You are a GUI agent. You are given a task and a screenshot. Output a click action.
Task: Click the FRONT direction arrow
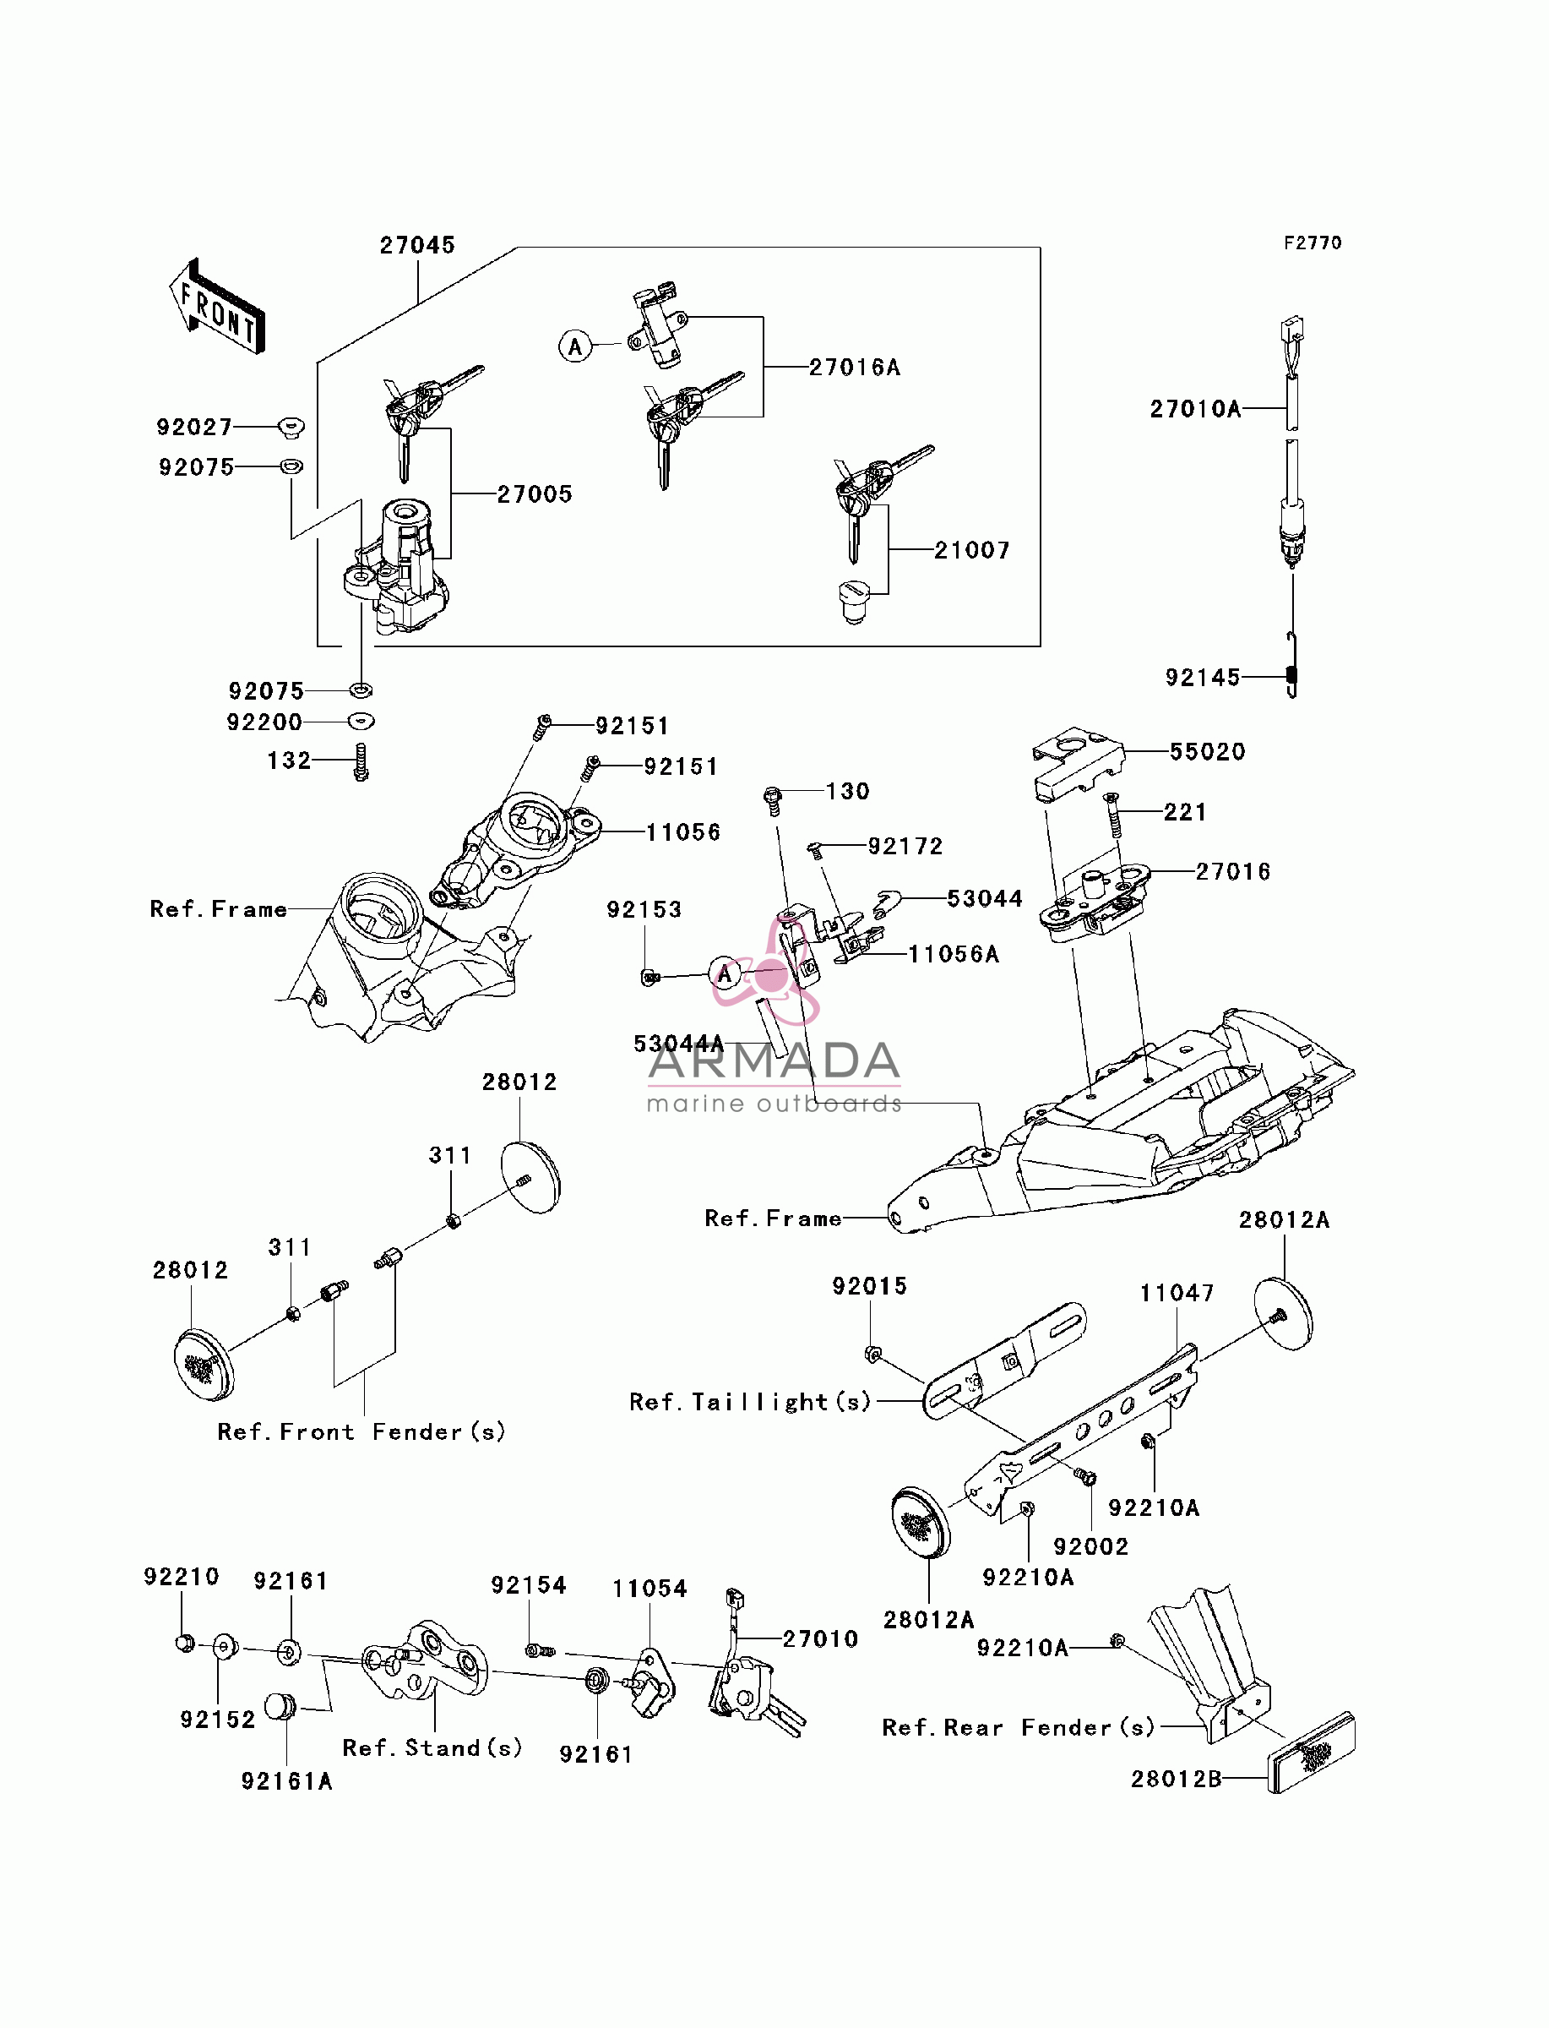(218, 306)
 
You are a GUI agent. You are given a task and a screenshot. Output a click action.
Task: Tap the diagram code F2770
(1313, 243)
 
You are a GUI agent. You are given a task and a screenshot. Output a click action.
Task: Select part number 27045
(418, 245)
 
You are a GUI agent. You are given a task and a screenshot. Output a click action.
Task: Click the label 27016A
(855, 367)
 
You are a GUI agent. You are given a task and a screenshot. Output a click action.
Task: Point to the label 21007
(972, 551)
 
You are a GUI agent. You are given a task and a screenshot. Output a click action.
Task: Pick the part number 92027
(194, 427)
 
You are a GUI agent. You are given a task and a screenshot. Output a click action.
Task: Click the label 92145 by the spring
(1203, 678)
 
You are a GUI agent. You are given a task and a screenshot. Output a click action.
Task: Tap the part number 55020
(1208, 751)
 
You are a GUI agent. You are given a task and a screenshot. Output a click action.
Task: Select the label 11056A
(954, 954)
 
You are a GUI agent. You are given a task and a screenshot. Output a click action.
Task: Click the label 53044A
(678, 1043)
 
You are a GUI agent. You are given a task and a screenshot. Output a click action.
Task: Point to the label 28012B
(1177, 1779)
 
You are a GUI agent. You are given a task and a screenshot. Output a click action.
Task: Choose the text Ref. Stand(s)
(432, 1747)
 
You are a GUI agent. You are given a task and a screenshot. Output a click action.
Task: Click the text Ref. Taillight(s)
(751, 1402)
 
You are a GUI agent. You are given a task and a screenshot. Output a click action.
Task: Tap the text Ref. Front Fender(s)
(361, 1431)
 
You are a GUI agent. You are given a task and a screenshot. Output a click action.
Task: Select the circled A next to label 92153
(725, 974)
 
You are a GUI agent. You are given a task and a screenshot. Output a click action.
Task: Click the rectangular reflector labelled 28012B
(1311, 1753)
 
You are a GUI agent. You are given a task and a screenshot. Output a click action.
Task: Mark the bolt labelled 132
(361, 763)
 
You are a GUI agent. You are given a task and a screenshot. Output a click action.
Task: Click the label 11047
(1177, 1293)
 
